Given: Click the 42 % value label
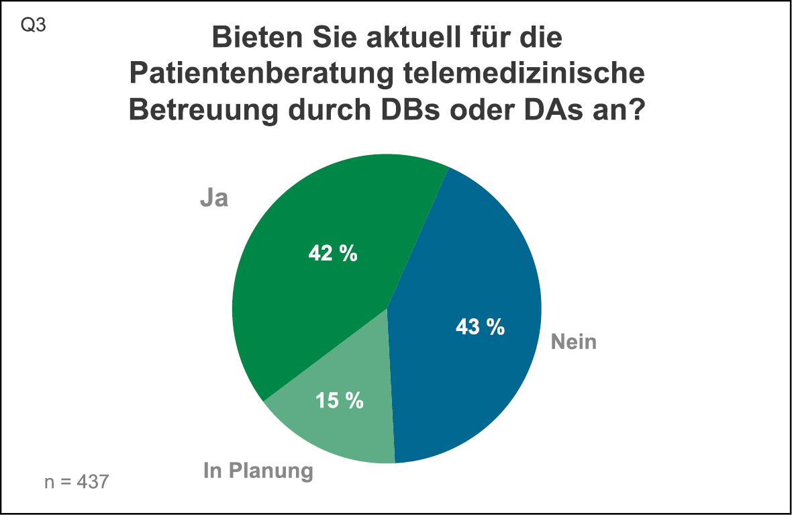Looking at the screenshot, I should [333, 254].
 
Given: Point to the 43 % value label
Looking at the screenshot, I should [480, 327].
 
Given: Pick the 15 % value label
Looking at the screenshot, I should [340, 400].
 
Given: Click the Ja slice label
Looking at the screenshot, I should [214, 199].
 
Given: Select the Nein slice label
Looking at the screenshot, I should [574, 342].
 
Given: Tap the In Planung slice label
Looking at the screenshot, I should [258, 471].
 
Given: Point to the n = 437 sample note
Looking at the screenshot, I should [75, 481].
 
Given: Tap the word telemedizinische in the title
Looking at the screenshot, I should [530, 74].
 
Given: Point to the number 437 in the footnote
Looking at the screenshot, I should [93, 481].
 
